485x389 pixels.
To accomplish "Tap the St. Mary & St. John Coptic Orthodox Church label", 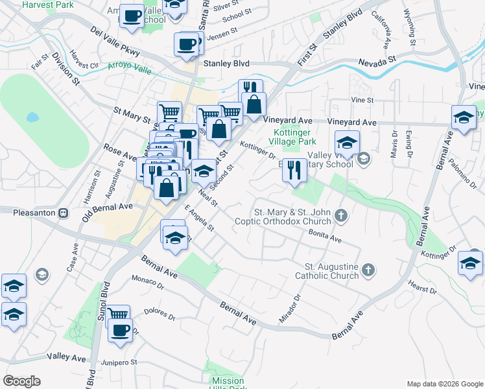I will point(292,217).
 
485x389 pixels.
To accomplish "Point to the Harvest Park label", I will point(48,5).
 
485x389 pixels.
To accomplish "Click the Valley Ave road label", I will point(67,358).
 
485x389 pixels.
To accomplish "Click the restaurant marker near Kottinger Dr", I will point(295,170).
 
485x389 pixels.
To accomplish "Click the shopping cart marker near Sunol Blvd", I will point(117,316).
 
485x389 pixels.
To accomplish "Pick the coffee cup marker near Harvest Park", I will point(132,16).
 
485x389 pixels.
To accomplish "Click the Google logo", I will point(21,381).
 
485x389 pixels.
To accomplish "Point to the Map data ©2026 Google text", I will point(444,384).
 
